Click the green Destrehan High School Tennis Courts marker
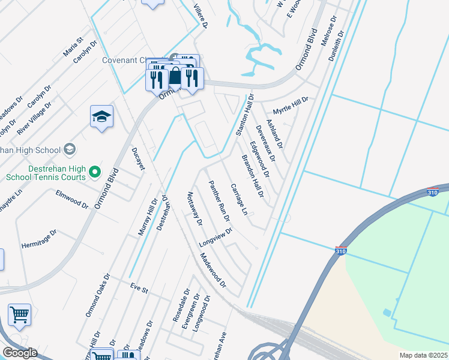click(95, 173)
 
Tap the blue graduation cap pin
click(101, 117)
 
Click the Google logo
click(20, 353)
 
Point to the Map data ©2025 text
click(423, 355)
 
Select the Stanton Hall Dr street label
click(245, 115)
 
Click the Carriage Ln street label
click(239, 199)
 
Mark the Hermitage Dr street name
click(39, 235)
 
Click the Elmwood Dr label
click(72, 198)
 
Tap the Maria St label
click(72, 47)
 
